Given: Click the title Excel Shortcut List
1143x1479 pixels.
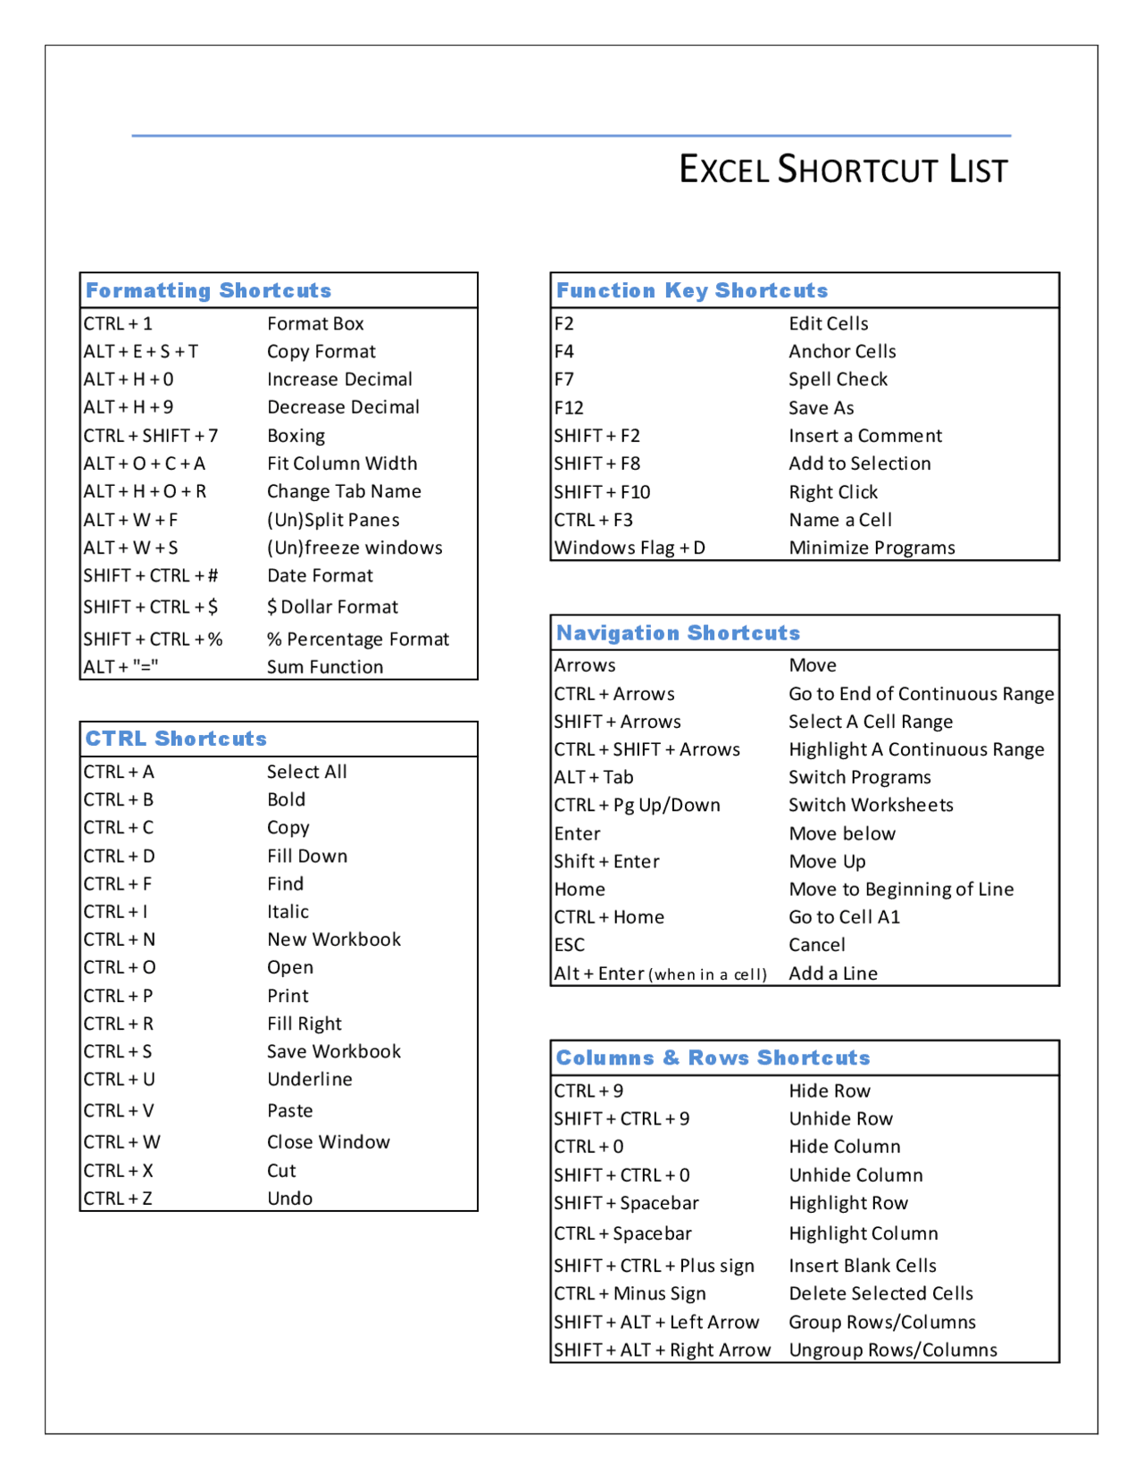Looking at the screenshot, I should pyautogui.click(x=843, y=169).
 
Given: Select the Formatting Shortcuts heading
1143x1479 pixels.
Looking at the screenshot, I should pyautogui.click(x=208, y=290).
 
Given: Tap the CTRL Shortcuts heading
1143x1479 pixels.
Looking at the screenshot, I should pyautogui.click(x=176, y=739).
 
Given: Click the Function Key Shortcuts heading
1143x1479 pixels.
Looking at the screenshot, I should pyautogui.click(x=692, y=290).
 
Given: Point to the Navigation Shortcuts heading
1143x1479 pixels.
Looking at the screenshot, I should pyautogui.click(x=678, y=632).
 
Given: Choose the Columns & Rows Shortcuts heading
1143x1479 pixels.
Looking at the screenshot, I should pyautogui.click(x=713, y=1057).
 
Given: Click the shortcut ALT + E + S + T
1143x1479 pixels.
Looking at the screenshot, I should pyautogui.click(x=141, y=351).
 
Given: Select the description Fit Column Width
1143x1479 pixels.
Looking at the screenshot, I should pyautogui.click(x=342, y=463).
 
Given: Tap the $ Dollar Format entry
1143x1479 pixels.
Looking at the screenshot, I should pyautogui.click(x=332, y=607).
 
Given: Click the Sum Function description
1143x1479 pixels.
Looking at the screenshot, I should pyautogui.click(x=325, y=667).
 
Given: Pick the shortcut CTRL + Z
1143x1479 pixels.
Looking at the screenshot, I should pyautogui.click(x=118, y=1199).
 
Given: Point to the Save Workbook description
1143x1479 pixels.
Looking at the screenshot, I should pyautogui.click(x=334, y=1051).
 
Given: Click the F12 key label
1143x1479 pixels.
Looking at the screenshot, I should pyautogui.click(x=569, y=408).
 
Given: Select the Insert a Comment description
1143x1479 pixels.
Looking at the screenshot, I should pyautogui.click(x=865, y=436).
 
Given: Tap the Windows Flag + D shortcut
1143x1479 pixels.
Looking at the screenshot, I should pyautogui.click(x=630, y=547).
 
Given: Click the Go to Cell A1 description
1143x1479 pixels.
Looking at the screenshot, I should pyautogui.click(x=844, y=917).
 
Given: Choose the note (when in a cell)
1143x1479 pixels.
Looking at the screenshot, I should pyautogui.click(x=708, y=974).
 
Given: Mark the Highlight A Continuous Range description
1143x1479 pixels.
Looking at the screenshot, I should pyautogui.click(x=916, y=749).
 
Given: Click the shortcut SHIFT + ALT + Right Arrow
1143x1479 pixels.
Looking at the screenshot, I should pyautogui.click(x=662, y=1349).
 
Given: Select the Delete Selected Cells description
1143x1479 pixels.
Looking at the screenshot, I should pyautogui.click(x=880, y=1293).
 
